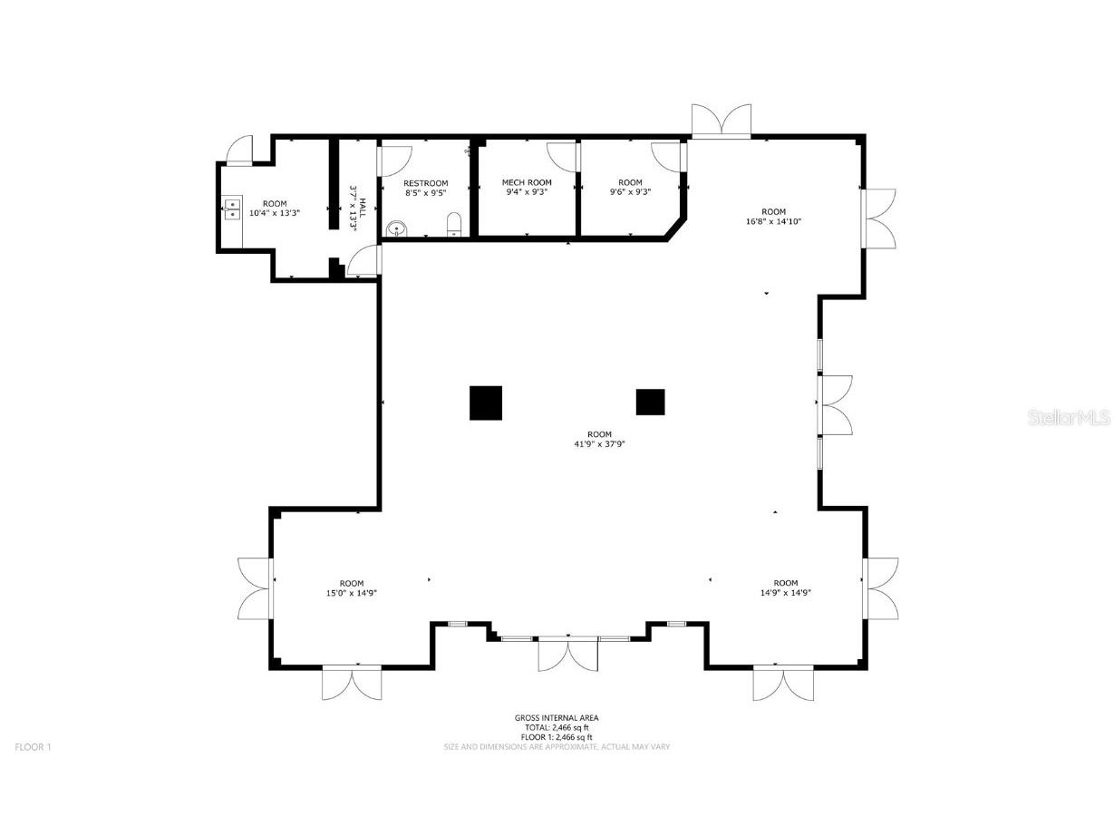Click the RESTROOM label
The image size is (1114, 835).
coord(425,183)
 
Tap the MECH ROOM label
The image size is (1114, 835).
coord(527,183)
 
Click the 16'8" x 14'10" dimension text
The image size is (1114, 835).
coord(773,221)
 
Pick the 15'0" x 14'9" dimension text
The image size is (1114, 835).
coord(352,593)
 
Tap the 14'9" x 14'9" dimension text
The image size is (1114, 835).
coord(785,593)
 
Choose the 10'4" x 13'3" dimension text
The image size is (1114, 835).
coord(274,213)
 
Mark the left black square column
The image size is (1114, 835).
coord(486,403)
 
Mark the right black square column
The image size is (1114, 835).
coord(650,402)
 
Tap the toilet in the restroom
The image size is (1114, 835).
coord(455,224)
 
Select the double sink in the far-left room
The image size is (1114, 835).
coord(231,209)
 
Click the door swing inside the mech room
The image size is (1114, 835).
coord(563,155)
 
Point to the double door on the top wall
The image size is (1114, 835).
coord(722,121)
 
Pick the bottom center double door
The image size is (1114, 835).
coord(567,655)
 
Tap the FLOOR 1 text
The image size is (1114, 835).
coord(34,747)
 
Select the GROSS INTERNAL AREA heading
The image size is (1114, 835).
coord(557,718)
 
